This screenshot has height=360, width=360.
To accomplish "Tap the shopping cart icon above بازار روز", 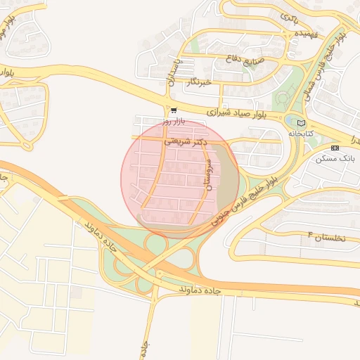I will click(173, 110).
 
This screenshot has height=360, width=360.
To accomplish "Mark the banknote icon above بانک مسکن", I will click(334, 148).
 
